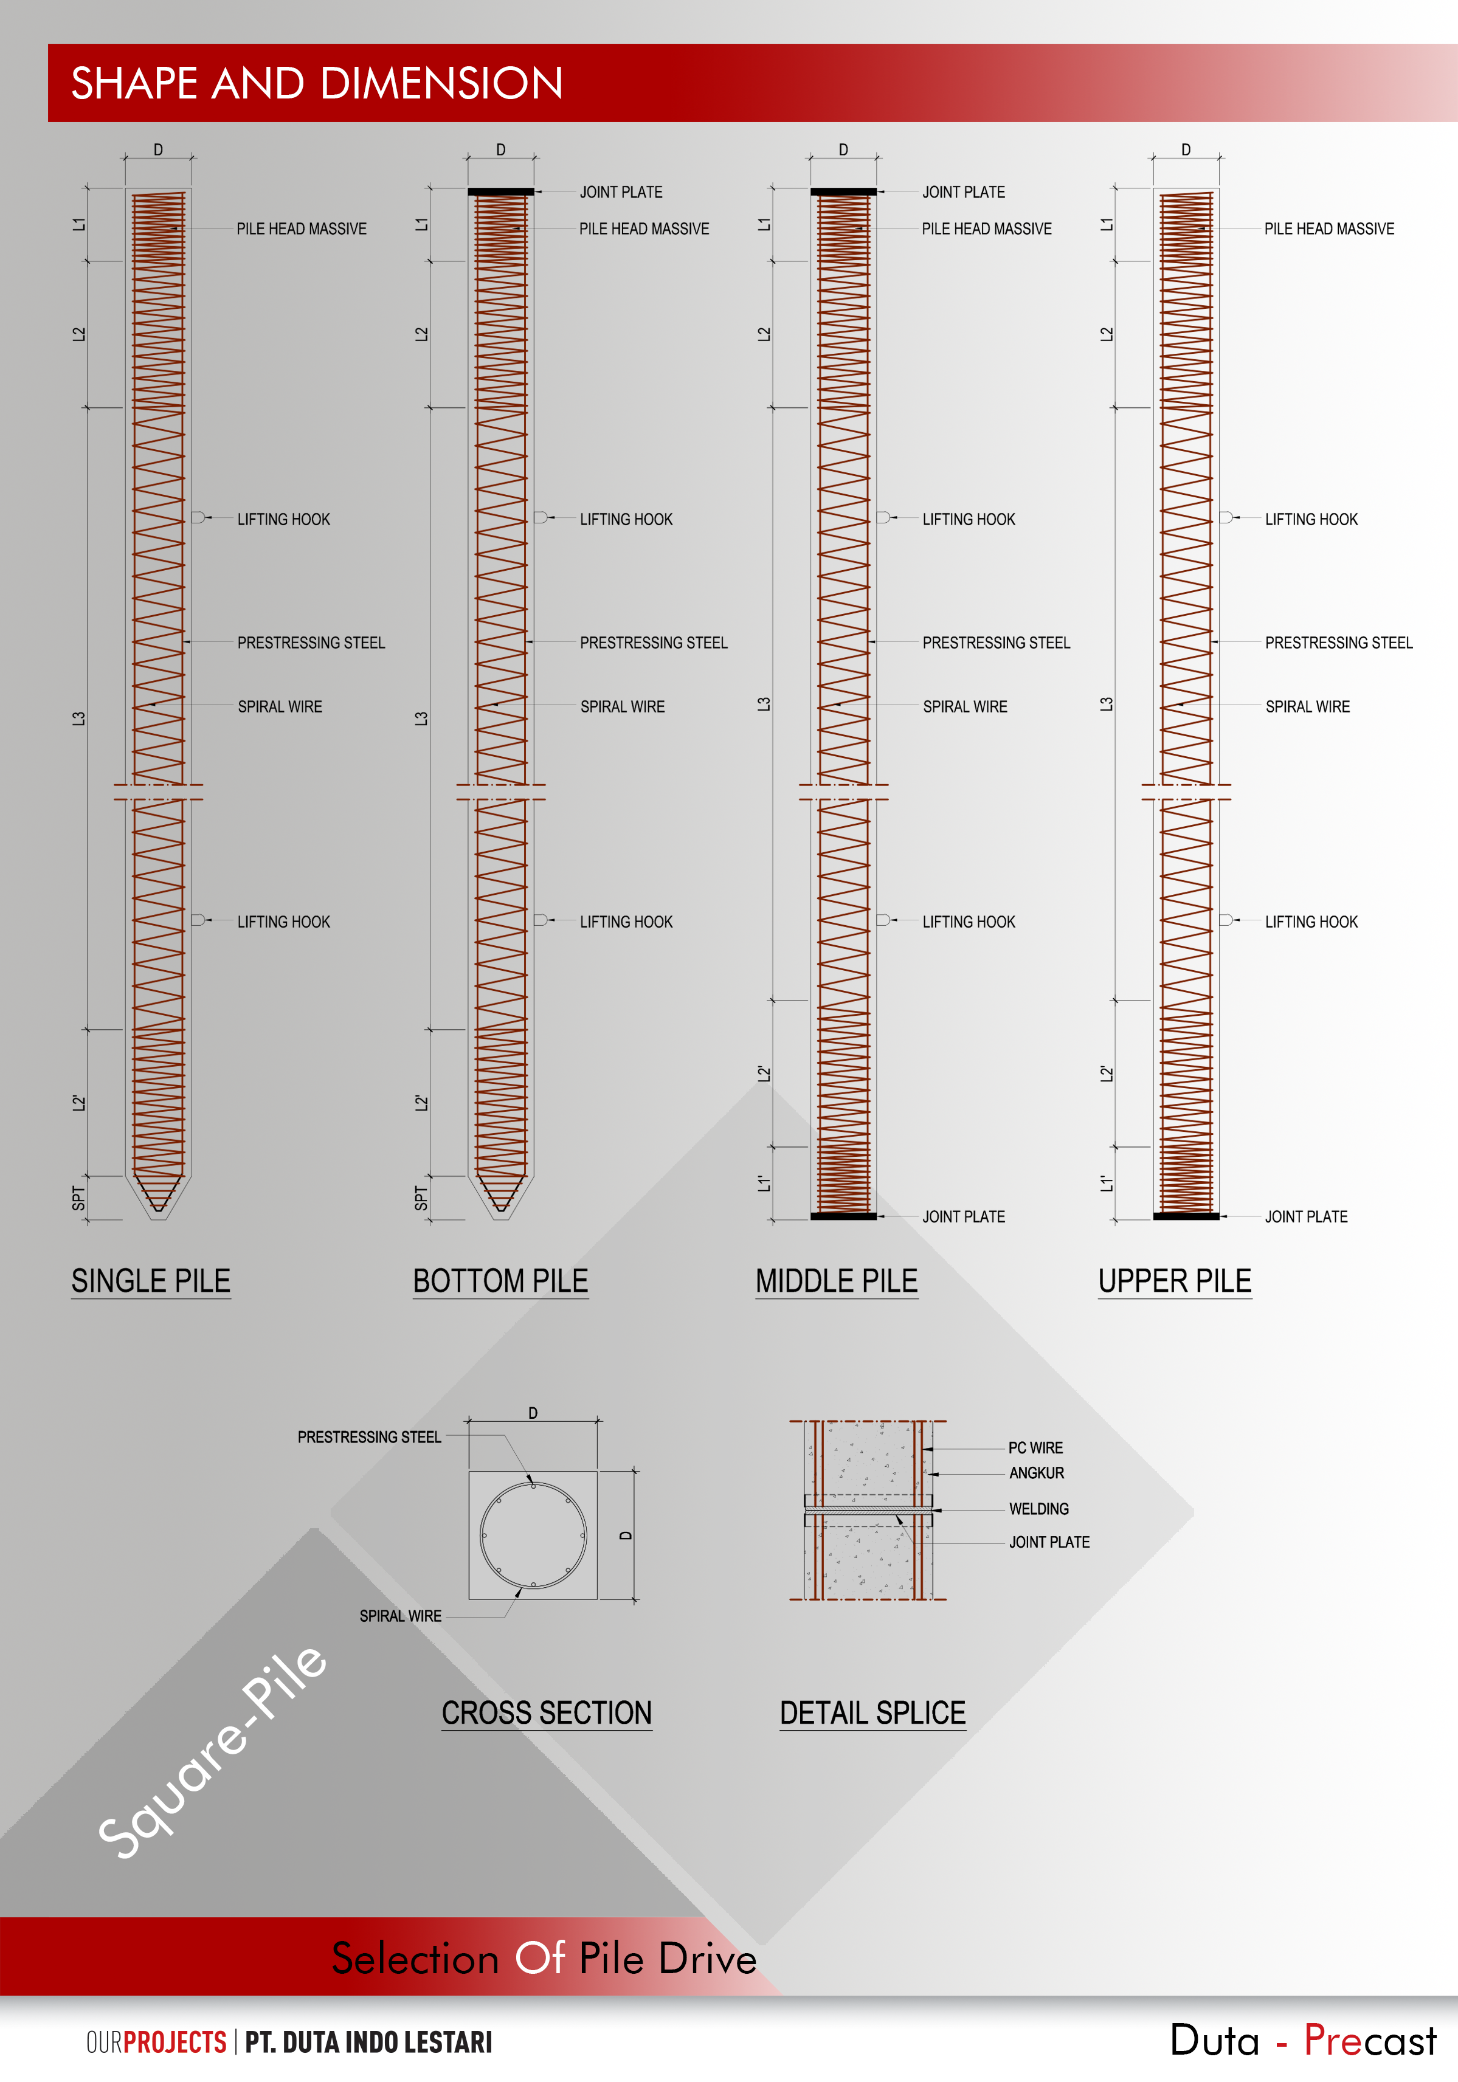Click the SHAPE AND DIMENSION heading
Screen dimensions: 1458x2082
[x=317, y=83]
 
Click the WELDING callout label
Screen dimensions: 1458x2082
[x=1039, y=1509]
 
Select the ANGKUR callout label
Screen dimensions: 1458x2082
[x=1037, y=1474]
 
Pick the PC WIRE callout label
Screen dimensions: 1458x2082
[x=1035, y=1448]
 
